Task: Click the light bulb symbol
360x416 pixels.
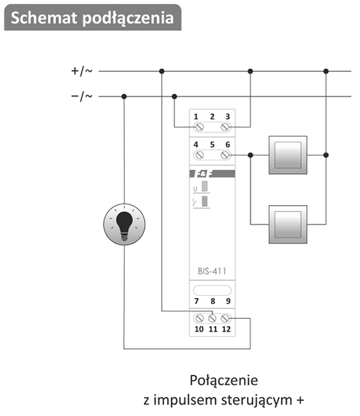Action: tap(125, 224)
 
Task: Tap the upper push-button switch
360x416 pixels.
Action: tap(288, 155)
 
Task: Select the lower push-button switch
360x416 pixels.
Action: tap(288, 225)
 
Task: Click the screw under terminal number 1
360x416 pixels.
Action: tap(199, 127)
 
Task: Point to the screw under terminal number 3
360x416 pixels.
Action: tap(225, 127)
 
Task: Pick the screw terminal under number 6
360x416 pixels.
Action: tap(225, 155)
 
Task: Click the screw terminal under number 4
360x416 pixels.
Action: tap(199, 155)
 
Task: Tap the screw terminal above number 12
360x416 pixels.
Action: tap(225, 318)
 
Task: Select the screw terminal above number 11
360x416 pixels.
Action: tap(212, 318)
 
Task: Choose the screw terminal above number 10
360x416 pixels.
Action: tap(199, 318)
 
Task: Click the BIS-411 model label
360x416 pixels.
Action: tap(212, 271)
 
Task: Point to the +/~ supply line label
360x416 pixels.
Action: tap(82, 71)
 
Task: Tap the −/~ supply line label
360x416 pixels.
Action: tap(82, 96)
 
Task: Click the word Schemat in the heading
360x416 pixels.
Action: tap(45, 18)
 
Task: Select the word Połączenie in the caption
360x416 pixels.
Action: tap(223, 381)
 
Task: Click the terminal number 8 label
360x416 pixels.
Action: tap(212, 301)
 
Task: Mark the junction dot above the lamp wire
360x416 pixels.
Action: tap(124, 96)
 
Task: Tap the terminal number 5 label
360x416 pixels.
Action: tap(212, 145)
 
